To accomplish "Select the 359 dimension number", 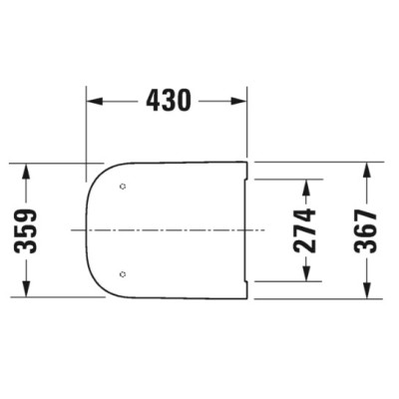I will [x=29, y=229].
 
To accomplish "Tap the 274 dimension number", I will [x=308, y=229].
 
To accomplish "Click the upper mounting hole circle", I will [x=122, y=187].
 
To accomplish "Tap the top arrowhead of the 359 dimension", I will [x=29, y=169].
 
